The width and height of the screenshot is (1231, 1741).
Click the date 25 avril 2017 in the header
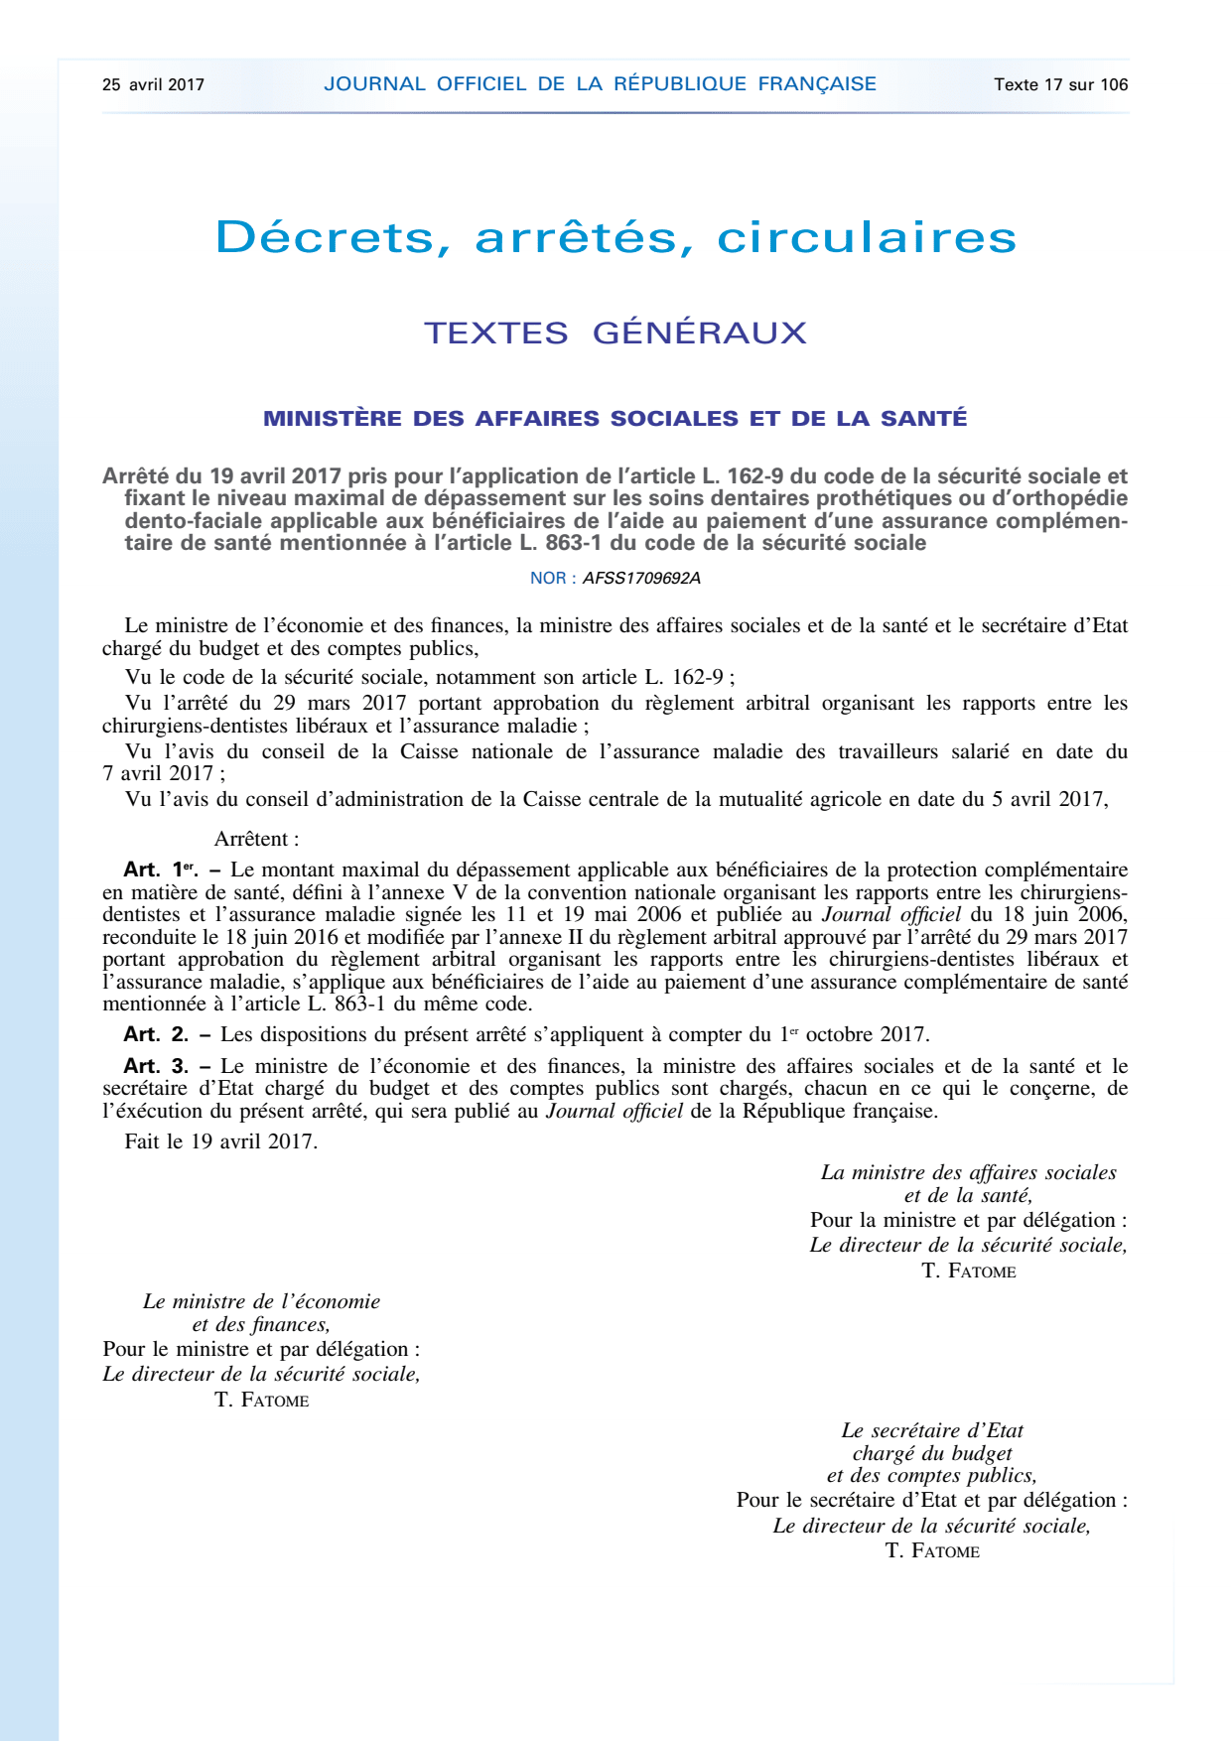(153, 85)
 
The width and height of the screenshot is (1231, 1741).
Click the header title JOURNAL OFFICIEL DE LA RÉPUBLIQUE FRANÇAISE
(600, 84)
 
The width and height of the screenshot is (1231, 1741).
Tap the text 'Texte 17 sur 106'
(1060, 85)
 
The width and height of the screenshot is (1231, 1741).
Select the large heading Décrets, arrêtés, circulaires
(615, 237)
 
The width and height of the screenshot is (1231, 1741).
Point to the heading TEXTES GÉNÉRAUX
(615, 333)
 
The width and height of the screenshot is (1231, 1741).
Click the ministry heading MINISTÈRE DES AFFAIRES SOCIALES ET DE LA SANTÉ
(615, 419)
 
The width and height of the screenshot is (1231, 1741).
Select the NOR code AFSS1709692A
(641, 579)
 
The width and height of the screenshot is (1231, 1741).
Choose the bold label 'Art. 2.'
(156, 1034)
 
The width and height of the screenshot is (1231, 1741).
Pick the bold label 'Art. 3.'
(156, 1066)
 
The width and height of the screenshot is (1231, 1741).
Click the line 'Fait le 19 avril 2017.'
(220, 1141)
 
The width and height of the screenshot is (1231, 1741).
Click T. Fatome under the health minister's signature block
(968, 1272)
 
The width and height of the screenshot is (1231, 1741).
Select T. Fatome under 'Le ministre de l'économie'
(261, 1401)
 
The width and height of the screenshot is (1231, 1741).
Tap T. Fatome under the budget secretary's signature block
(932, 1551)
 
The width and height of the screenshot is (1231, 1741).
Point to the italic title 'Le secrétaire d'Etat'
(932, 1430)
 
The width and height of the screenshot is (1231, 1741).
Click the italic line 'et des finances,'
(261, 1324)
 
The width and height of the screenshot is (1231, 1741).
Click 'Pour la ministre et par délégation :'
(968, 1220)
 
